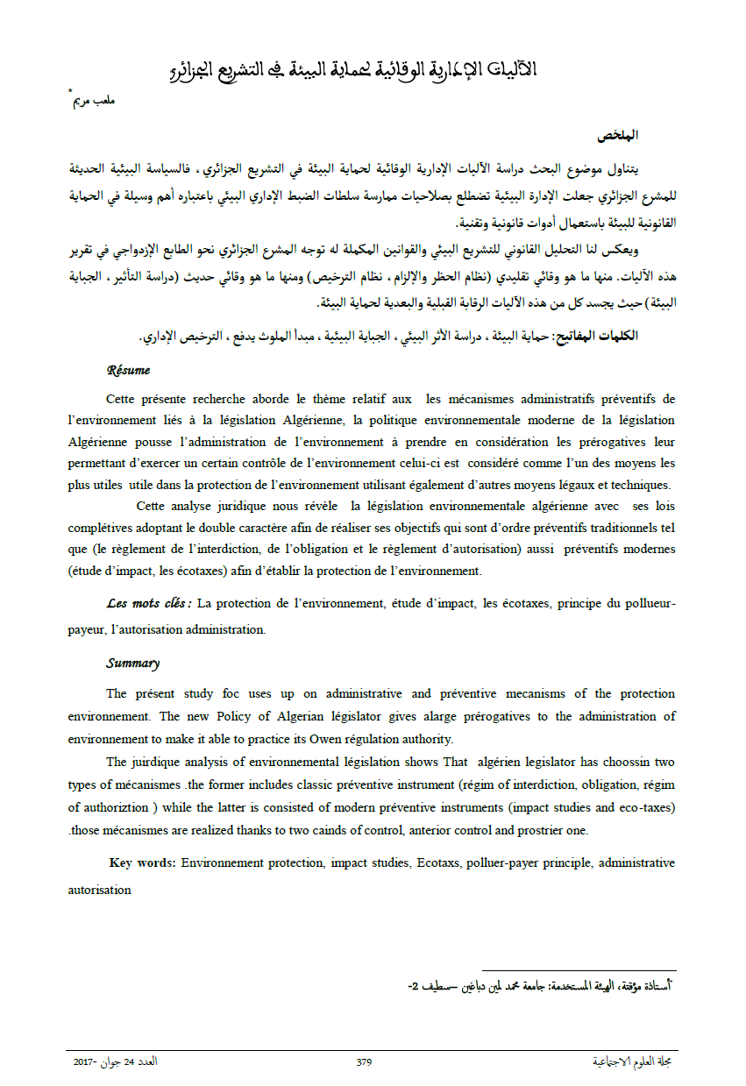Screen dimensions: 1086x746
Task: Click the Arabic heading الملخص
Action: click(618, 136)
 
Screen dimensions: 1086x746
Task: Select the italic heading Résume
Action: click(128, 371)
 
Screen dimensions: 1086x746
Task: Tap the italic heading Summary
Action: click(133, 664)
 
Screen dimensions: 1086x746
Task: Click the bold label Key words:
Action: click(143, 863)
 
